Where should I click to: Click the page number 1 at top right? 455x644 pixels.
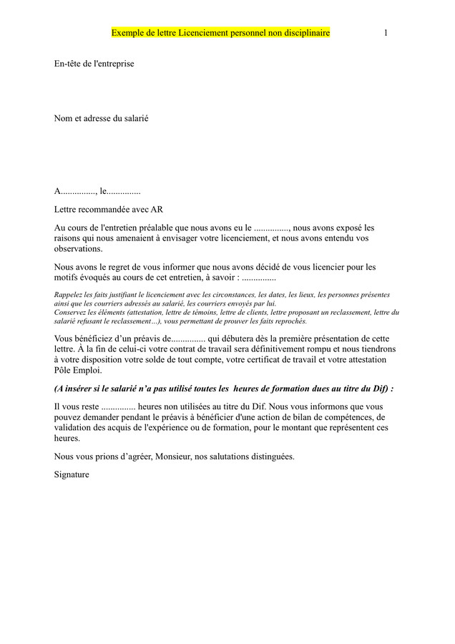[386, 33]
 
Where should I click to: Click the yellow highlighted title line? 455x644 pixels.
[220, 33]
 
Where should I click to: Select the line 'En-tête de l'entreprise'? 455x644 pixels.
[94, 64]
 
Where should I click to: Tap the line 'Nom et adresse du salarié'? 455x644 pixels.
[101, 118]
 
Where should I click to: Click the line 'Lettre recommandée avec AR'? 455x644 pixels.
[109, 210]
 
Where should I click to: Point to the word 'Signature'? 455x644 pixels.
[72, 474]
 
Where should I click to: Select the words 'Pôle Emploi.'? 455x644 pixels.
[78, 371]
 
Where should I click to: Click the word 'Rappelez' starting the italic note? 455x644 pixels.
[69, 295]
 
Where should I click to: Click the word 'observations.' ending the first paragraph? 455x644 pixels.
[78, 249]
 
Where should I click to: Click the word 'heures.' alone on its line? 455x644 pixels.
[67, 439]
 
